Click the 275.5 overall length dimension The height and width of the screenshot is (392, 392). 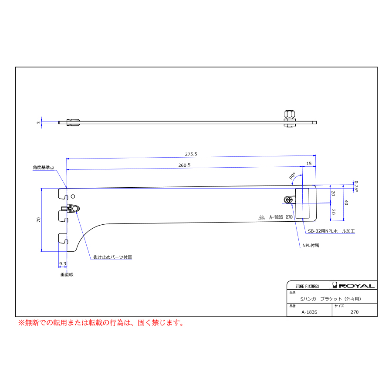coord(191,154)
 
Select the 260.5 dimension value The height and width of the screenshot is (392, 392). coord(184,165)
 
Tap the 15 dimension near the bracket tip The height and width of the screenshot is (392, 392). coord(309,163)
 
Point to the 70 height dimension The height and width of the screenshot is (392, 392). coord(39,220)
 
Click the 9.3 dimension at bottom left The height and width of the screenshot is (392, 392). coord(62,264)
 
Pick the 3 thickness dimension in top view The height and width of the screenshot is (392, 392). coord(39,123)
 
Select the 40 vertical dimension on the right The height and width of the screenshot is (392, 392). coord(347,203)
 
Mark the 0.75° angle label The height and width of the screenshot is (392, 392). coord(356,186)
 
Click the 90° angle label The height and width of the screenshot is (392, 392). coord(292,176)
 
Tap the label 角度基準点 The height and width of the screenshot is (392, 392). coord(44,167)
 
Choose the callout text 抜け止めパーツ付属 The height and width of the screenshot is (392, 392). coord(112,257)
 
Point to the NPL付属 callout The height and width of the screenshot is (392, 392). coord(311,245)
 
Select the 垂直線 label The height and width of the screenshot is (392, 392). coord(67,275)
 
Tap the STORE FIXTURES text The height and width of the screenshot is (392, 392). coord(307,286)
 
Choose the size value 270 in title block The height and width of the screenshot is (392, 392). coord(355,312)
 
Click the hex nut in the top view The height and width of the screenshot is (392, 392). coord(289,114)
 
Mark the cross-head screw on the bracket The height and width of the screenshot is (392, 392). coord(288,200)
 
